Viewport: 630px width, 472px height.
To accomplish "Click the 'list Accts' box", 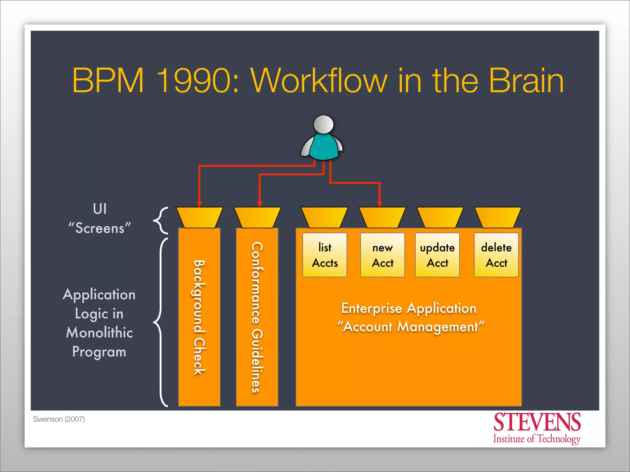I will [x=325, y=255].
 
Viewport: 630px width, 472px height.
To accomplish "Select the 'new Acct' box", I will [x=382, y=255].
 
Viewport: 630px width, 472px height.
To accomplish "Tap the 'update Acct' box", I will [x=437, y=255].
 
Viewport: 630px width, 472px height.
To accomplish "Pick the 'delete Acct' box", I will [x=496, y=255].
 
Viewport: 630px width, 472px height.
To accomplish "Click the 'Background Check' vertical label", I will [x=199, y=317].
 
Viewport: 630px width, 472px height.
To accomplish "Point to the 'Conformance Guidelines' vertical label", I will [x=257, y=317].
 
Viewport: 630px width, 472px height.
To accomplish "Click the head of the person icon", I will [x=323, y=124].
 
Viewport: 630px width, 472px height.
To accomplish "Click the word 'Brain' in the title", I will [x=526, y=81].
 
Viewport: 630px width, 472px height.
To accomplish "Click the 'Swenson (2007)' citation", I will [x=59, y=419].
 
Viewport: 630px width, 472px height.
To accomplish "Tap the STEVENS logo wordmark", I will [x=537, y=423].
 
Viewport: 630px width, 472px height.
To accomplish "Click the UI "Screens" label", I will [x=100, y=219].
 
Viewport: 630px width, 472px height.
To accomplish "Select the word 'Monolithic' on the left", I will [x=99, y=332].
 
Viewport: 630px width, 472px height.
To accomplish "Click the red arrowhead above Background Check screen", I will [x=199, y=204].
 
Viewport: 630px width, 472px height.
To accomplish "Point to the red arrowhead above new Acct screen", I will [x=380, y=204].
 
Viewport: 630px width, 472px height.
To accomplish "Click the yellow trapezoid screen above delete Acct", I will [x=498, y=217].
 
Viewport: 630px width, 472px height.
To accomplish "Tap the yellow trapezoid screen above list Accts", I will [x=325, y=217].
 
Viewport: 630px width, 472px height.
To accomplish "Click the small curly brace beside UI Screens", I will [x=161, y=220].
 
